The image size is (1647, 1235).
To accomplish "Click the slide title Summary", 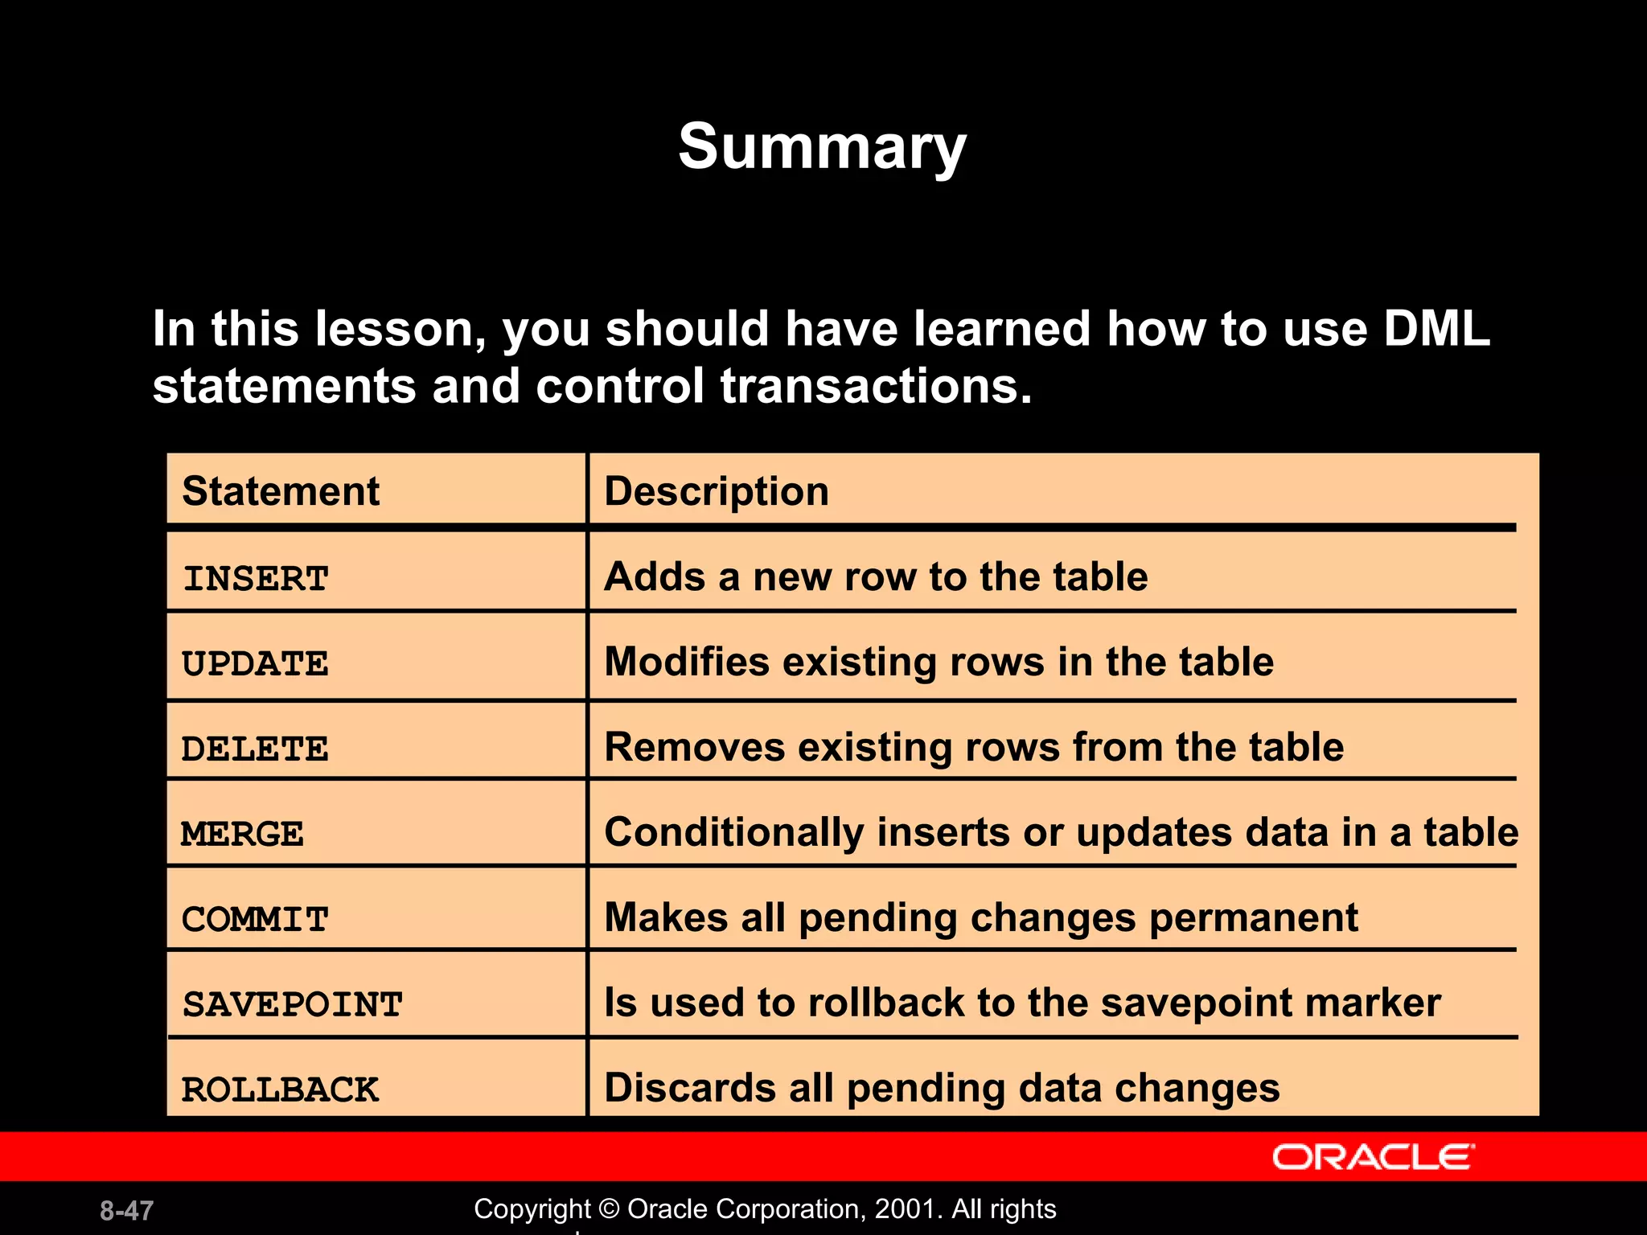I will click(822, 147).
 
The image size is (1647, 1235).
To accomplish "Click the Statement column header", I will click(281, 491).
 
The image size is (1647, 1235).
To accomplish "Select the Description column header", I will click(717, 491).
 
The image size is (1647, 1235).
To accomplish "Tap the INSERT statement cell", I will click(256, 579).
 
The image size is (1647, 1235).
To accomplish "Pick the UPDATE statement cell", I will click(255, 664).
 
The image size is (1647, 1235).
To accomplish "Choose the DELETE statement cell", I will click(255, 749).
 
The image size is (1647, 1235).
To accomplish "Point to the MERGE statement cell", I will click(242, 834).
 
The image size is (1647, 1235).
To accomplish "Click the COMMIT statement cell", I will click(255, 919).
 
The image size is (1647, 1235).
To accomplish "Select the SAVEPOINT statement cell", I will click(292, 1004).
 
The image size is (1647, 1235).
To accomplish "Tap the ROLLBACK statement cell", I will click(280, 1090).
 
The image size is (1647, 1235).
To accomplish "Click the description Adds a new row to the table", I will click(876, 576).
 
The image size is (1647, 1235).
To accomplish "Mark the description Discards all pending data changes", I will click(942, 1088).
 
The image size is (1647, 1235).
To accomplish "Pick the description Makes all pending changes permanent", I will click(980, 917).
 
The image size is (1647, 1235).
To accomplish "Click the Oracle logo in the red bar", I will click(1373, 1157).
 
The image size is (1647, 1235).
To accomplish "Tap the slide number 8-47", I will click(126, 1211).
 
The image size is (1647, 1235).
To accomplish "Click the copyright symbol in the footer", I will click(610, 1209).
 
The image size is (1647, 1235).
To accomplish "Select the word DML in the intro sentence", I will click(1436, 329).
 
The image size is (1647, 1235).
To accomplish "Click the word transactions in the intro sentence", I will click(876, 386).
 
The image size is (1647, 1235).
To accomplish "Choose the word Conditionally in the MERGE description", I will click(733, 832).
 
